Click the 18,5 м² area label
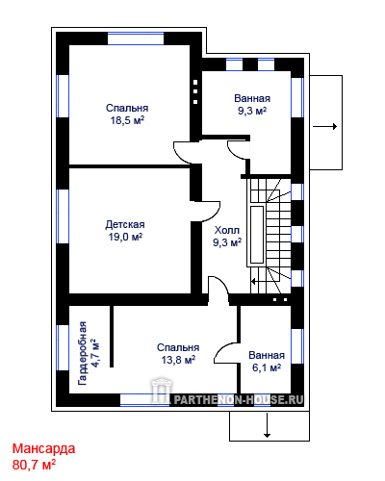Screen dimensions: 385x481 (x=127, y=120)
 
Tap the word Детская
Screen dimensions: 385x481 (x=125, y=224)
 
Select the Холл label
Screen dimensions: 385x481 (x=227, y=230)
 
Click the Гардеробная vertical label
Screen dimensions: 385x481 (x=83, y=353)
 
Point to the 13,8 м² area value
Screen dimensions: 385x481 (x=178, y=360)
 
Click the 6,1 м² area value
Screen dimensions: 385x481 (x=267, y=367)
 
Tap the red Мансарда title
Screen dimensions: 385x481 (x=43, y=448)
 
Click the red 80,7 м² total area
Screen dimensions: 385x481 (x=34, y=465)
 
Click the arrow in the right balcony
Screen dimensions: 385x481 (x=324, y=127)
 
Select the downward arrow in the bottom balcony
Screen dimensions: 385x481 (x=267, y=425)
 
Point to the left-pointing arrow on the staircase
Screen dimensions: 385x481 (x=258, y=282)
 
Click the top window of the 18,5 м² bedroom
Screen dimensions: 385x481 (x=136, y=38)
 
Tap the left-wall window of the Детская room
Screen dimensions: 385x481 (x=63, y=216)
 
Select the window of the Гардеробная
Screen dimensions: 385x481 (x=63, y=348)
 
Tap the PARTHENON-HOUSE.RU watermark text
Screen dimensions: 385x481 (x=239, y=399)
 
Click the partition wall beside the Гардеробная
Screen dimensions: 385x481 (x=112, y=337)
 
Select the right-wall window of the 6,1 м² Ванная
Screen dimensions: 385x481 (x=297, y=346)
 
